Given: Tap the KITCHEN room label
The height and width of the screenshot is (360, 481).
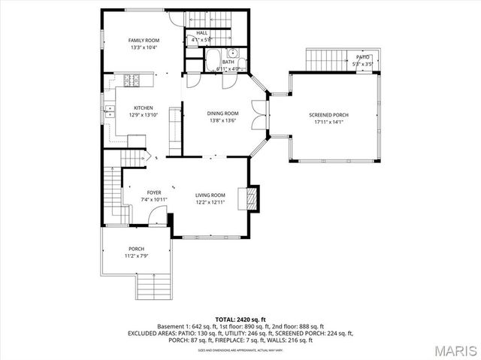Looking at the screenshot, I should [144, 107].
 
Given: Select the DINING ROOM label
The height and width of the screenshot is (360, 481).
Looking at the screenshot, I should [223, 113].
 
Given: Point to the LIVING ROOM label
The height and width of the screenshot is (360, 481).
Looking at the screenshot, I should [211, 195].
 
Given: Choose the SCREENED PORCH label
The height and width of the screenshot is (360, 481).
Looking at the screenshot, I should [328, 115].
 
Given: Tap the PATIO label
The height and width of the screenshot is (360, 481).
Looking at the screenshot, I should [363, 57].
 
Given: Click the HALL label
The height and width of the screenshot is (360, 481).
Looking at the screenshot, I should [202, 33].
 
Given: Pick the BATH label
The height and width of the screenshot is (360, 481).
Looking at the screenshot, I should [218, 62].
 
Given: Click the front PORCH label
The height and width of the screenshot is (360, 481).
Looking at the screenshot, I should [136, 249].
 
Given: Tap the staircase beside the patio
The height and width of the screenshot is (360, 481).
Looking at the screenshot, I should [324, 59].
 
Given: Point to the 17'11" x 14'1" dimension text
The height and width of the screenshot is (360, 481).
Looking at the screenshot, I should [328, 122].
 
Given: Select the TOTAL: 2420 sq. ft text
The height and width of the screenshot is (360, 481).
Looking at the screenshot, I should [240, 319].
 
